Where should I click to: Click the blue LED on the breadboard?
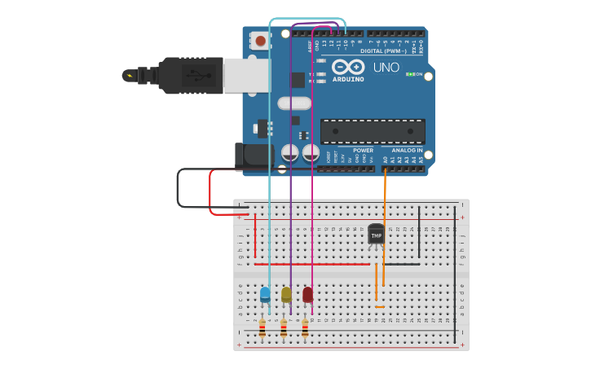click(x=265, y=294)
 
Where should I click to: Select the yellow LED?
click(x=286, y=294)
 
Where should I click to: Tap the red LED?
click(x=307, y=294)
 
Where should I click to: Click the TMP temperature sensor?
click(x=376, y=234)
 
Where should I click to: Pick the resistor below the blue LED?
click(x=262, y=328)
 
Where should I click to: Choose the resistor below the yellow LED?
click(x=283, y=328)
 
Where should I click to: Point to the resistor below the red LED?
click(x=305, y=328)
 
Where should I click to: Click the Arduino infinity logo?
click(x=348, y=68)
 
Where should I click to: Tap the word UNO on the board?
click(x=386, y=68)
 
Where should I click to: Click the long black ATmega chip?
click(x=373, y=131)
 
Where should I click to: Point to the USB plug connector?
click(x=192, y=76)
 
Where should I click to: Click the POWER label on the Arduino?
click(x=364, y=150)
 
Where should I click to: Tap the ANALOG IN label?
click(x=407, y=150)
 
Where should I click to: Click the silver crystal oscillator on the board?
click(x=294, y=103)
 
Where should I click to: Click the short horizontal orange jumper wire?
click(x=380, y=307)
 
